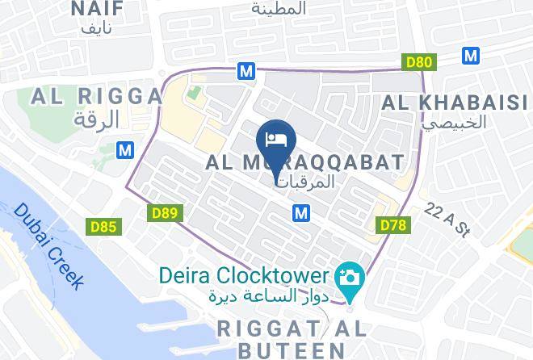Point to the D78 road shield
(392, 224)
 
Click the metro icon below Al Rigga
(124, 150)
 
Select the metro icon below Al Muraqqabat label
(301, 212)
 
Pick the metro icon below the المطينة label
(246, 71)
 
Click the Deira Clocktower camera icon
(351, 278)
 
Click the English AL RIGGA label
(96, 97)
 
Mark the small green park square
(193, 93)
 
